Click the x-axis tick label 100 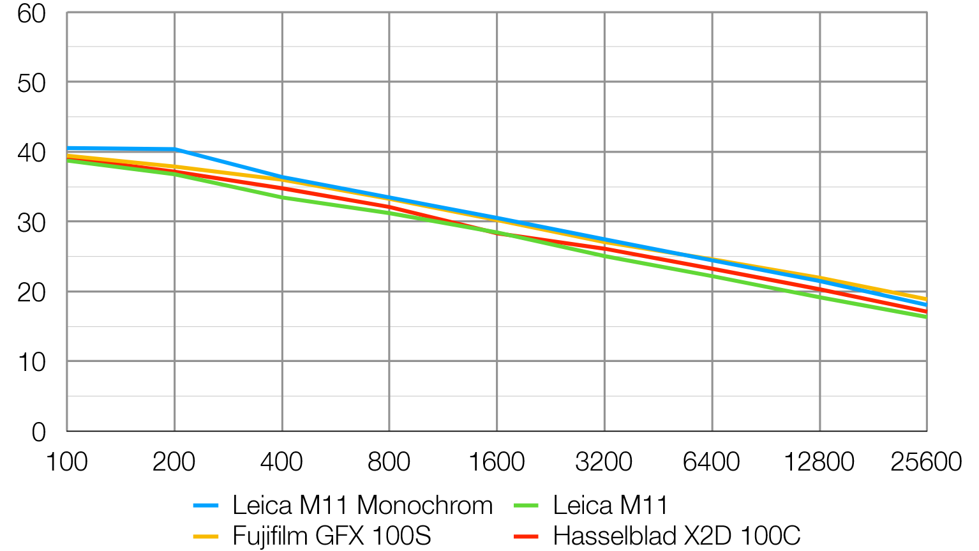tap(67, 462)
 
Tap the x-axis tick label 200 tap(174, 462)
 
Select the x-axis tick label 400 tap(281, 462)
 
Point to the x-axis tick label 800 tap(389, 462)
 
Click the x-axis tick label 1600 tap(497, 462)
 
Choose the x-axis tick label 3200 tap(604, 462)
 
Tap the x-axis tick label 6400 tap(712, 462)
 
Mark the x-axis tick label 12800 tap(819, 462)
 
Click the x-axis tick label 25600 tap(926, 462)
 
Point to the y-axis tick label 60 tap(32, 13)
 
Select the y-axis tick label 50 tap(32, 83)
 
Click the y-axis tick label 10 tap(32, 362)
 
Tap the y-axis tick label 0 tap(39, 432)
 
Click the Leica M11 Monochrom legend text tap(362, 505)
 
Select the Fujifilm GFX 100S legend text tap(332, 535)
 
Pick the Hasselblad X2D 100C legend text tap(676, 535)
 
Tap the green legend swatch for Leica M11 tap(526, 506)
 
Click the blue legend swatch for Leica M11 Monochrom tap(206, 506)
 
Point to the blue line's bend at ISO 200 tap(174, 149)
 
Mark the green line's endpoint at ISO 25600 tap(925, 316)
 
